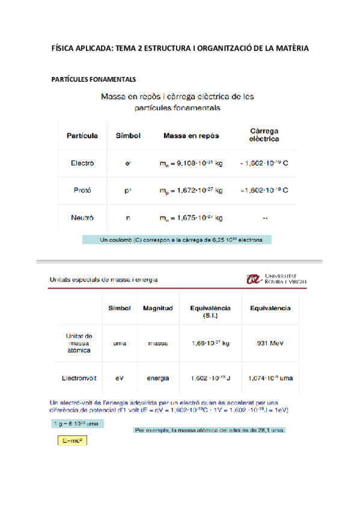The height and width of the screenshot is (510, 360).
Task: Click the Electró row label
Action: (x=82, y=163)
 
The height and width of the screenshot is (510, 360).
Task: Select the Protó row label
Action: (x=82, y=190)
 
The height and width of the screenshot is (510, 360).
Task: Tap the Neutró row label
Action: (x=82, y=217)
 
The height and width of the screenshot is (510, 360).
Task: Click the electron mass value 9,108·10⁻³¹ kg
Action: (x=191, y=164)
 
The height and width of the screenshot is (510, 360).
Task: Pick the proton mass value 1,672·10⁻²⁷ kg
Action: (x=191, y=191)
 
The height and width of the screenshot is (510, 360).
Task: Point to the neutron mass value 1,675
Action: (x=191, y=218)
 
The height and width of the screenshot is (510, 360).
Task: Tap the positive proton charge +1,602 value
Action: (x=264, y=190)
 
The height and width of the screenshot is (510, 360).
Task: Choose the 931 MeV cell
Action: (x=270, y=343)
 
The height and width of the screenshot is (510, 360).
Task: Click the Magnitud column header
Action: (x=157, y=308)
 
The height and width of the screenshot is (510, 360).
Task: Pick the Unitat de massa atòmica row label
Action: (x=79, y=343)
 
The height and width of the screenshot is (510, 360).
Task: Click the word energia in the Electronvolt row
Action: (x=157, y=378)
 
